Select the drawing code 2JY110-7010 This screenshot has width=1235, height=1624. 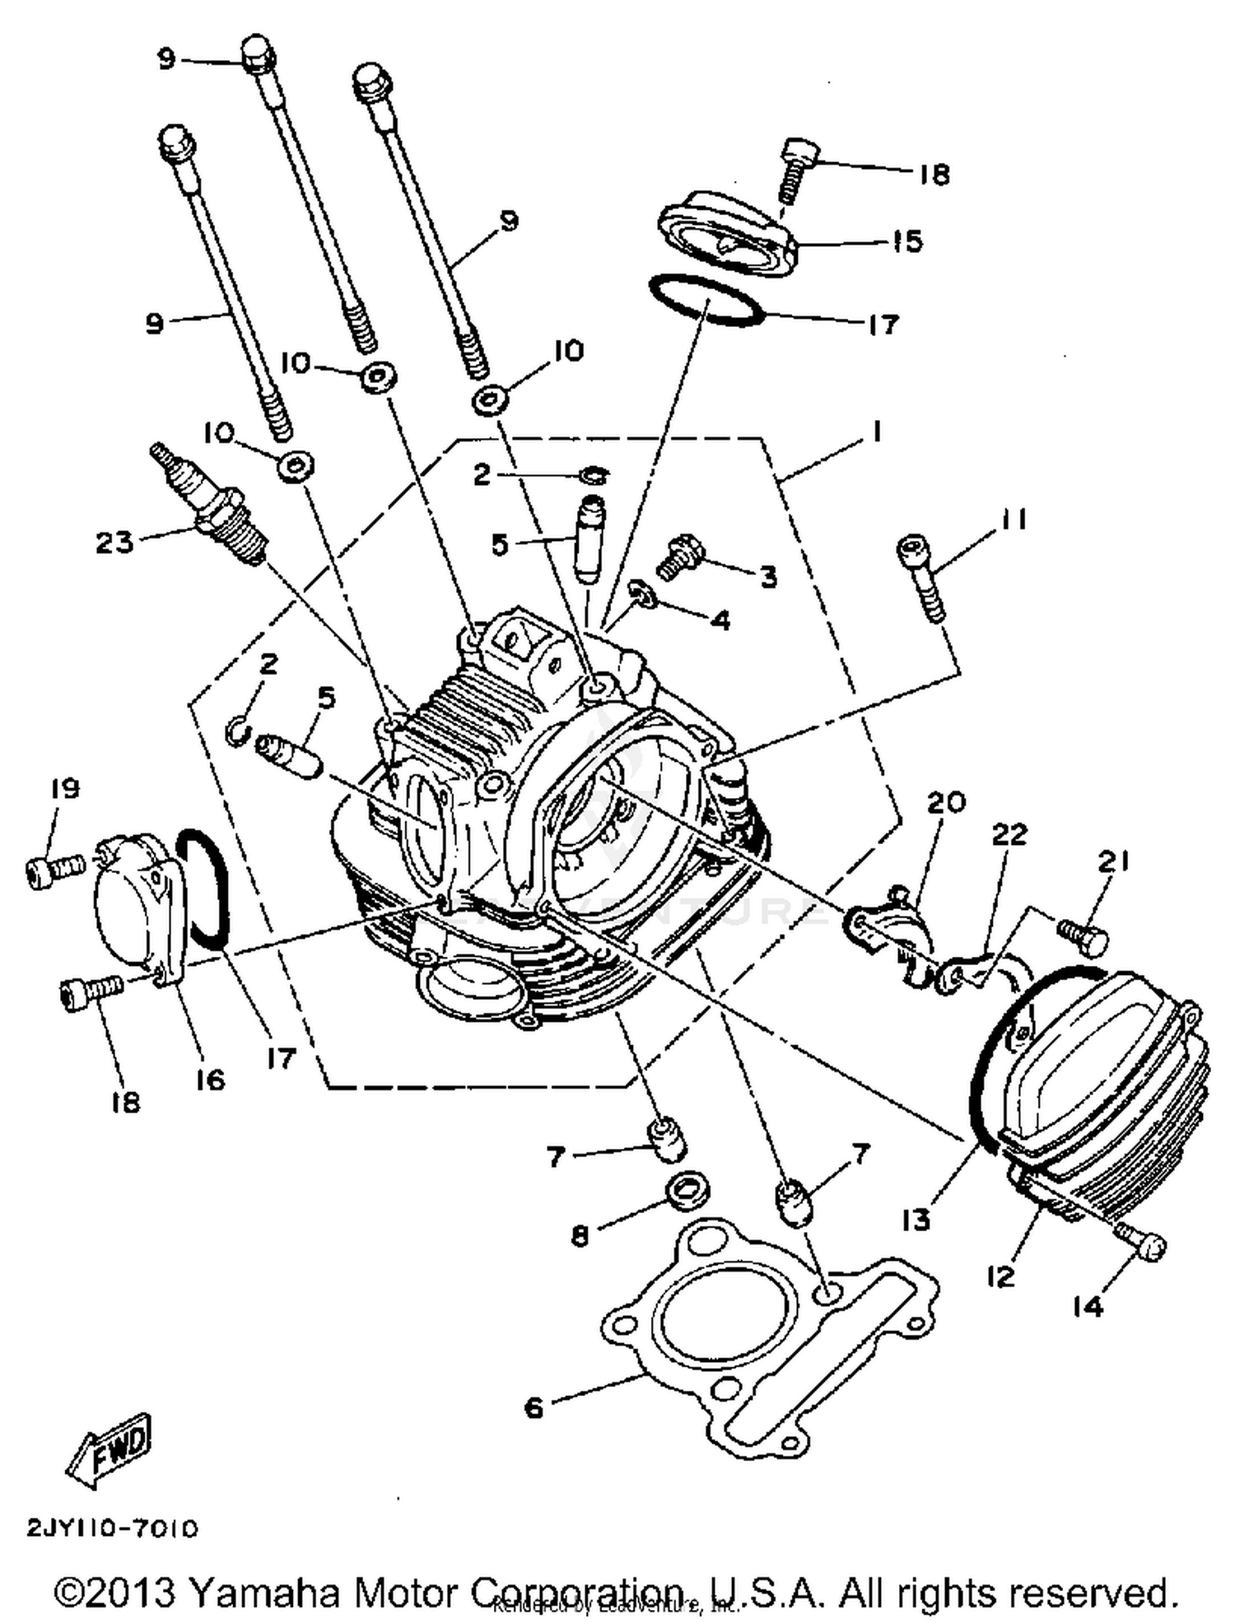[113, 1529]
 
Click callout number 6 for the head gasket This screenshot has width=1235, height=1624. [534, 1407]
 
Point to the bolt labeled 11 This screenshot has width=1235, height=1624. [920, 577]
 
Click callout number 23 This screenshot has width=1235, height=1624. [114, 543]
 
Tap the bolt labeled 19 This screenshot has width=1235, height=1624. [54, 870]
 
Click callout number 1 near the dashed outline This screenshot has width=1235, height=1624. [876, 432]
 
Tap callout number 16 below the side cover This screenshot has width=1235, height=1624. [211, 1079]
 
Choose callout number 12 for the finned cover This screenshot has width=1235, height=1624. [1000, 1276]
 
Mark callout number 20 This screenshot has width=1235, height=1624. [946, 801]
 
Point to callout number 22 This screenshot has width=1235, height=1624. [1009, 834]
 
